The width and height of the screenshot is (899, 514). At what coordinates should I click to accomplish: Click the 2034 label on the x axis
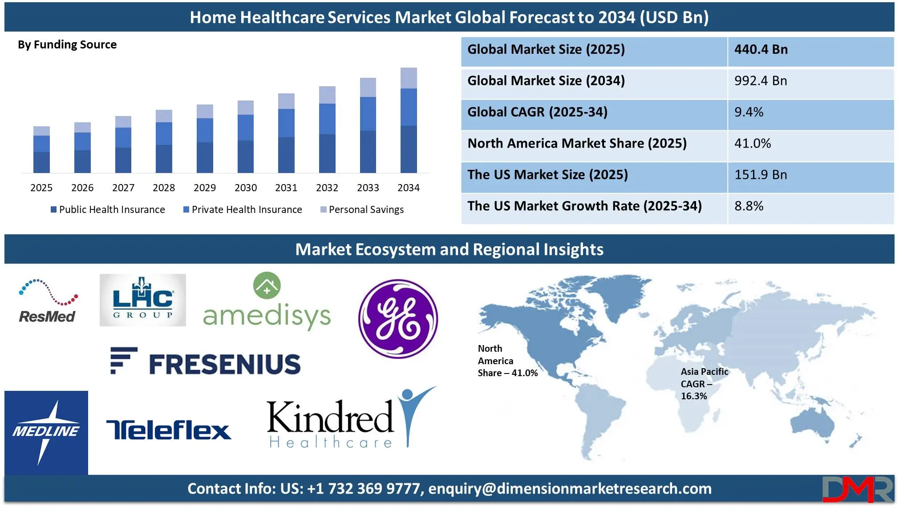coord(408,188)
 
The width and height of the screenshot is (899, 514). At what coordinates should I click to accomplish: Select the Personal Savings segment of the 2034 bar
coord(409,78)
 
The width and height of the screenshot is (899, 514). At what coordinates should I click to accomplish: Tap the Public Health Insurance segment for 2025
coord(41,162)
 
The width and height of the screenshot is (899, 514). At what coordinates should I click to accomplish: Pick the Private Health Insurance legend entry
coord(243,209)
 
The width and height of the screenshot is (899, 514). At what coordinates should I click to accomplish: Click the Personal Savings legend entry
coord(362,209)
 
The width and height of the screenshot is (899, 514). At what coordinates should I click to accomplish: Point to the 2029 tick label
coord(205,188)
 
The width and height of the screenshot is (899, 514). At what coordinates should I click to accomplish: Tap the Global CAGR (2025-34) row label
coord(537,112)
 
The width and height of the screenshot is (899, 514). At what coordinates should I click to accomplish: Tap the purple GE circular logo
coord(398,318)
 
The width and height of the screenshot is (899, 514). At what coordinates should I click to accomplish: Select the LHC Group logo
coord(143,300)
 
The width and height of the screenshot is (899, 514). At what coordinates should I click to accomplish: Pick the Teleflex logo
coord(169,430)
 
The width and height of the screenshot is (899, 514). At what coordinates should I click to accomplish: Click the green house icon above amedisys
coord(267,285)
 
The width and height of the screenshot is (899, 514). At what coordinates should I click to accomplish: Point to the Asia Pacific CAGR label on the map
coord(704,384)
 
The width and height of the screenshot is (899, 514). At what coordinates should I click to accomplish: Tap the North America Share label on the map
coord(507,361)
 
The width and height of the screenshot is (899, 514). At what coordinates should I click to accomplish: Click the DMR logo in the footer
coord(858,489)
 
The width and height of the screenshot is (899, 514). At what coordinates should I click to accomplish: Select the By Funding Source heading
coord(67,45)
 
